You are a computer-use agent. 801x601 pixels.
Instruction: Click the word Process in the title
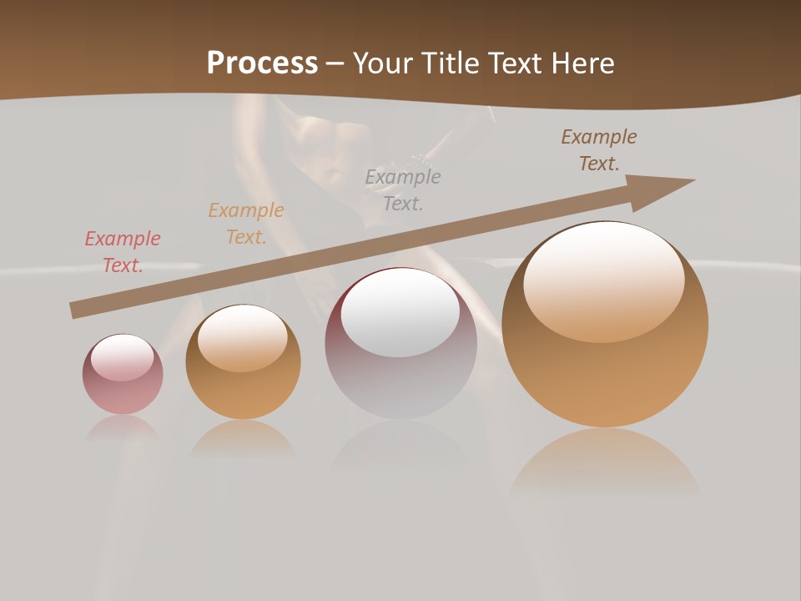(x=262, y=63)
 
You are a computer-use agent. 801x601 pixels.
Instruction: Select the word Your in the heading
(x=385, y=63)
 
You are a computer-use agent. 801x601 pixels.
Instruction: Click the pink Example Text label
(x=123, y=252)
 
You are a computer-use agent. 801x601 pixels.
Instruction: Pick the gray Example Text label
(x=403, y=189)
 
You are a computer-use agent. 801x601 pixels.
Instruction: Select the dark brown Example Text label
(x=598, y=150)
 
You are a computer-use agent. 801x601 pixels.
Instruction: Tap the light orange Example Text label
(x=246, y=224)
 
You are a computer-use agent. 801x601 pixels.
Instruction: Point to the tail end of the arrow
(x=75, y=310)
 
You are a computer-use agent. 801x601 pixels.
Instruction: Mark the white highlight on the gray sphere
(x=400, y=313)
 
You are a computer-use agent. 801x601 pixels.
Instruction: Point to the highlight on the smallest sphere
(x=122, y=356)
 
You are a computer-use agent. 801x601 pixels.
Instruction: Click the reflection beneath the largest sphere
(x=605, y=459)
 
